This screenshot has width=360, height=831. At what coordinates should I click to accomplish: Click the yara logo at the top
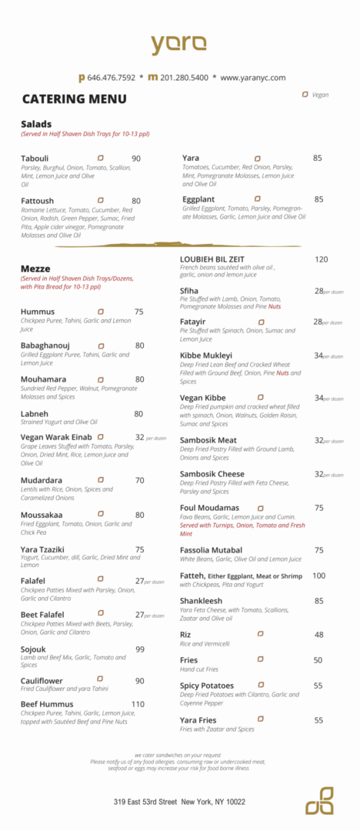[x=178, y=44]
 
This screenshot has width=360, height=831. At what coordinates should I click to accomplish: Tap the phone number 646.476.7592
[x=111, y=78]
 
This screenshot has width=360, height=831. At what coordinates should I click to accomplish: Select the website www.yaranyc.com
[x=252, y=78]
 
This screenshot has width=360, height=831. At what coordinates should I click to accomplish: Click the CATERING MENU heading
[x=74, y=99]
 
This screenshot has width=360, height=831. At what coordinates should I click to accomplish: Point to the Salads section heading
[x=36, y=124]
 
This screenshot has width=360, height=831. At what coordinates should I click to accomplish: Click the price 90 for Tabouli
[x=136, y=159]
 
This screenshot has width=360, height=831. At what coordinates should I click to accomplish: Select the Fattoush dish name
[x=37, y=201]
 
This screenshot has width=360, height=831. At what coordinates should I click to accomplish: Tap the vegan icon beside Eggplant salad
[x=258, y=199]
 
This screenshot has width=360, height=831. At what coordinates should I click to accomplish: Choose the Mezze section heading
[x=35, y=269]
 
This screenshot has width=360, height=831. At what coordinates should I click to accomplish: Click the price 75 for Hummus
[x=139, y=312]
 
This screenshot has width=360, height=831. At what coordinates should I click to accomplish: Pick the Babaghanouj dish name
[x=45, y=345]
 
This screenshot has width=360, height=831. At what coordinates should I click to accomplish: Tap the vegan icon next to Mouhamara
[x=101, y=379]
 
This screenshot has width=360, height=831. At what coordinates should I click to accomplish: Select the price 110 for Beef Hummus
[x=138, y=704]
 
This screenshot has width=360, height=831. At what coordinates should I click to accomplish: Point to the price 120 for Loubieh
[x=321, y=259]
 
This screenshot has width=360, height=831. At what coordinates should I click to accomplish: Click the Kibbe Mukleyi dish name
[x=211, y=355]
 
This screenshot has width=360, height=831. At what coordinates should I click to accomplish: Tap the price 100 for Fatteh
[x=318, y=576]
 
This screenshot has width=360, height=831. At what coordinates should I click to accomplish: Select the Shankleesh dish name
[x=202, y=601]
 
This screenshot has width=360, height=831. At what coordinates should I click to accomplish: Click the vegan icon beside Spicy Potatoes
[x=261, y=685]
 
